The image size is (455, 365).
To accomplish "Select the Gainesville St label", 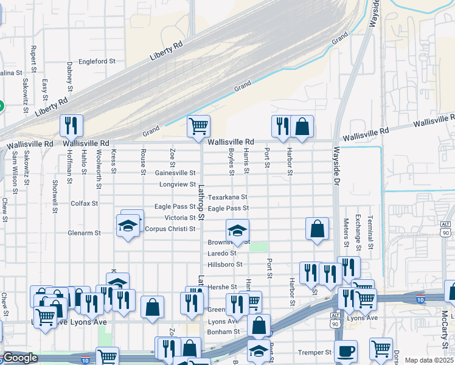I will [175, 173].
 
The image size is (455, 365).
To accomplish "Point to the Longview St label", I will [178, 184].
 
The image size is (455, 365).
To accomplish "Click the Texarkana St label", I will [227, 197].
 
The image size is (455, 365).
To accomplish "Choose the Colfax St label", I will [85, 203].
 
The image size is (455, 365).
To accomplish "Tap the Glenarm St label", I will [84, 232].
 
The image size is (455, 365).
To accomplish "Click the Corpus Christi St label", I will [170, 229].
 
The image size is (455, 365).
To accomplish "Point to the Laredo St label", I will [221, 253].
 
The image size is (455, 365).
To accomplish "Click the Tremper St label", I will [314, 352].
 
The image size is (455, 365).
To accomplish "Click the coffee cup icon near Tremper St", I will [346, 351].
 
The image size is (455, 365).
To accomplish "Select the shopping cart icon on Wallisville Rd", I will [198, 127].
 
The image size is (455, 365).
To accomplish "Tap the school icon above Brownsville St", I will [237, 231].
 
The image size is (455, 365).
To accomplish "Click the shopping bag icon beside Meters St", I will [317, 229].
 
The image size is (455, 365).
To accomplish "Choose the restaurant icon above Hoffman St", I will [71, 126].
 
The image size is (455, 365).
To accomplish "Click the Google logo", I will [20, 358].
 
